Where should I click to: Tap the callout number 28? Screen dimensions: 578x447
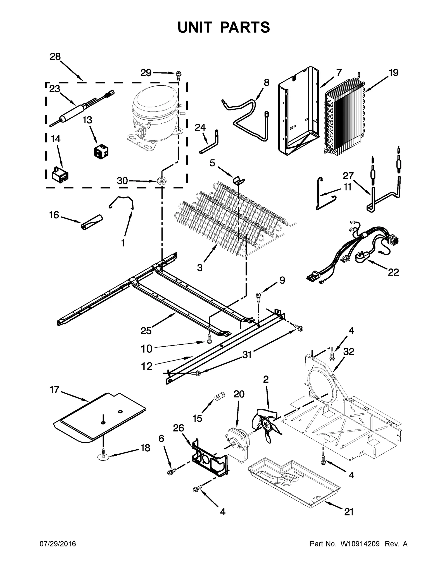pos(55,57)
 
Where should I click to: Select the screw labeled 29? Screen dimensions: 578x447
pos(178,74)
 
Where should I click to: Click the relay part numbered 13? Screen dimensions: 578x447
pos(101,151)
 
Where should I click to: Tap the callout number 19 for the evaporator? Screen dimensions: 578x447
pos(393,73)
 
